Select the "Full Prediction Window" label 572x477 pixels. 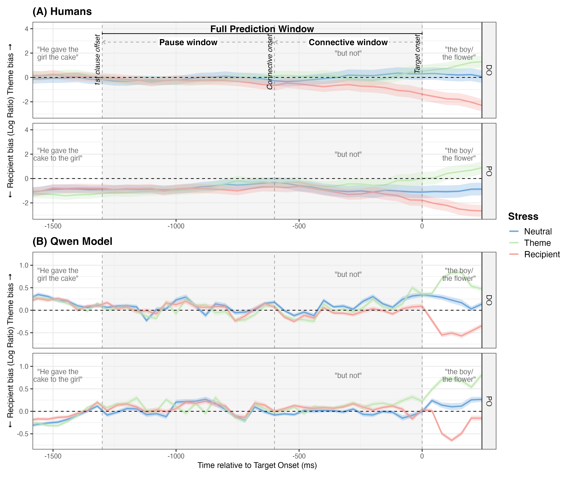[x=262, y=29]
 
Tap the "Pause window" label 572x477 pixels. [x=188, y=42]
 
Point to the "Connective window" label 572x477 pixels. [x=348, y=42]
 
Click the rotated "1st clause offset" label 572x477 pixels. [x=98, y=60]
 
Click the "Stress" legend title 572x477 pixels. [x=523, y=216]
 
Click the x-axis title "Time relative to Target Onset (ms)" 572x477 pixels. [x=257, y=465]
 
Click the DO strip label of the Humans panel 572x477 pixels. [x=489, y=70]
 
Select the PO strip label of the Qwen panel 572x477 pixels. [x=489, y=401]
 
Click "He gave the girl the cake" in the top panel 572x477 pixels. [x=58, y=53]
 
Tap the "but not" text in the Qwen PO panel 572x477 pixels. [x=348, y=376]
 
